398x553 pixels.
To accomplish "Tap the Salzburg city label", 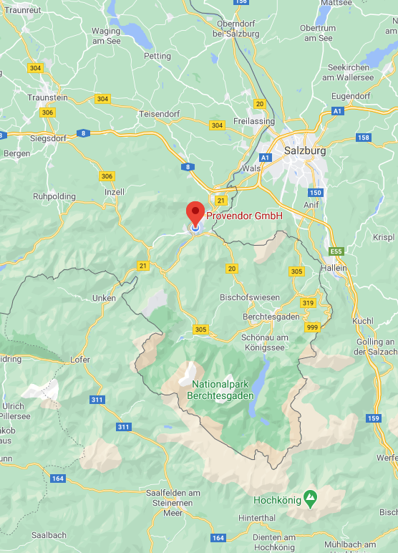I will pos(305,151).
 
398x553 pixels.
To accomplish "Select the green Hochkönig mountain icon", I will pos(310,496).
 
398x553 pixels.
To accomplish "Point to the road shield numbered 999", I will pos(311,327).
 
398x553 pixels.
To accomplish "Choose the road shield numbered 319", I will pos(308,303).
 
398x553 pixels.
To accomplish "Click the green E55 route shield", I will pos(336,251).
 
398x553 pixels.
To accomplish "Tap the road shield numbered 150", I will pos(316,193).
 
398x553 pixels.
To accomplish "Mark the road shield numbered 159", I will pos(372,418).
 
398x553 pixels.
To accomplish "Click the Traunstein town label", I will pos(47,97).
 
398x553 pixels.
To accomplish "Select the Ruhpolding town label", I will pos(54,196).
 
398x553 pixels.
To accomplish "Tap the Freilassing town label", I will pos(254,121).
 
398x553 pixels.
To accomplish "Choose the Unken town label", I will pos(104,298).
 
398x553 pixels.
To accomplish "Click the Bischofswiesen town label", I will pos(250,297).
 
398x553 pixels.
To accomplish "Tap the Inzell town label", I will pos(114,192).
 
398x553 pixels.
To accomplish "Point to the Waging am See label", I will pos(106,36).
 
